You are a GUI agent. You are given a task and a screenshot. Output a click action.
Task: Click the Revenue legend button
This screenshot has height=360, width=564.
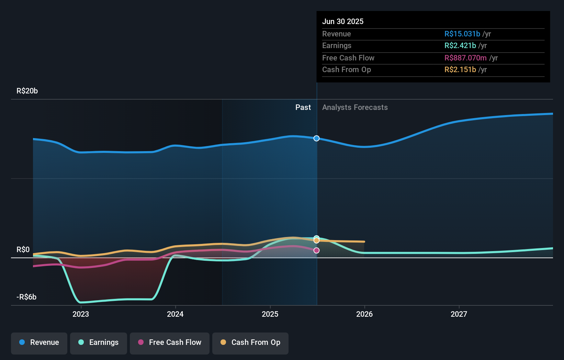point(39,342)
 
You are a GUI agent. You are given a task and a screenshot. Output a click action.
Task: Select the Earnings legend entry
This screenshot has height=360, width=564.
point(99,342)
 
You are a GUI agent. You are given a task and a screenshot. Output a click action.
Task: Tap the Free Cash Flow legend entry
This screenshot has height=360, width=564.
point(170,342)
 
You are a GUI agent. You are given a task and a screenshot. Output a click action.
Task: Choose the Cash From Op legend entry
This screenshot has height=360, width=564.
point(250,342)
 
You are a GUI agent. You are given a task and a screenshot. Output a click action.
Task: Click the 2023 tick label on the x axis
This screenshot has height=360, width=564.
point(81,314)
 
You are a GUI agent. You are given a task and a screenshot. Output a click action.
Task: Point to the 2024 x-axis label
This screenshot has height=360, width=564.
point(175,314)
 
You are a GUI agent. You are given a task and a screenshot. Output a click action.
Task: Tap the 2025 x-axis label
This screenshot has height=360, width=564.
point(270,314)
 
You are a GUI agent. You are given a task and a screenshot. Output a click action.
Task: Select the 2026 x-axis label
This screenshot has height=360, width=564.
point(364,314)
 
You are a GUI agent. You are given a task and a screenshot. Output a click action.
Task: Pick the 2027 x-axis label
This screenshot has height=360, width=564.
point(459,314)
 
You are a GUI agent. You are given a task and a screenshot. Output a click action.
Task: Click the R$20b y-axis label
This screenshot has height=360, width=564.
point(27,91)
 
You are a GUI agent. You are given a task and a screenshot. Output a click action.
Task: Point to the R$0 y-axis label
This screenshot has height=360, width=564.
point(23,250)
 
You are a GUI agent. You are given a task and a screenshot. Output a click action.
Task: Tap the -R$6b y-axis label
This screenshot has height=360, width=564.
point(26,297)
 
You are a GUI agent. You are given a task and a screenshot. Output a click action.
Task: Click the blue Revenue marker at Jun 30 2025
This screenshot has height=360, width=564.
point(317,138)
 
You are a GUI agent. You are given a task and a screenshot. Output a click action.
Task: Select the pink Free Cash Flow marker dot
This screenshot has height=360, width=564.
point(317,250)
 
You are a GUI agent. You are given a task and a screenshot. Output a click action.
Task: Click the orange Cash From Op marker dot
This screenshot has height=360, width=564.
point(317,240)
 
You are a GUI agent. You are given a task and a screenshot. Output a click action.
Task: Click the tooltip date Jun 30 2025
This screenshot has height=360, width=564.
point(343,22)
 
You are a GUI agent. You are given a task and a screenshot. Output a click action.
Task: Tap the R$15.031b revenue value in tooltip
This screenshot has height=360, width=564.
point(462,34)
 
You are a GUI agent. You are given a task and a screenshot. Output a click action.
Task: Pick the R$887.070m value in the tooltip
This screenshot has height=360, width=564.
point(465,58)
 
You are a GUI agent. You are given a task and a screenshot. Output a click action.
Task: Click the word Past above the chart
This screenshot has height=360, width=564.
point(303,108)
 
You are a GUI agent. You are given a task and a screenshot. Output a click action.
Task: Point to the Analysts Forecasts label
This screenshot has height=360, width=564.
point(355,108)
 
